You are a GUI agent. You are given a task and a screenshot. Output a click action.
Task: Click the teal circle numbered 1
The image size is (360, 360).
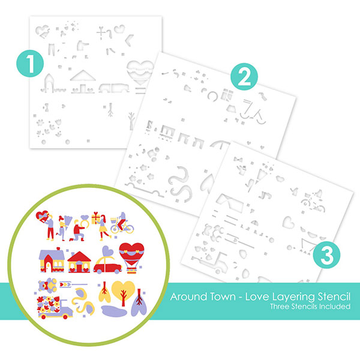pyautogui.click(x=30, y=64)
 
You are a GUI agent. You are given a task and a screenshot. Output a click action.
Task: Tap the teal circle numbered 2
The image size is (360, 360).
pyautogui.click(x=244, y=77)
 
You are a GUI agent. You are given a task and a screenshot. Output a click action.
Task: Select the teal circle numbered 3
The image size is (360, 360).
pyautogui.click(x=327, y=254)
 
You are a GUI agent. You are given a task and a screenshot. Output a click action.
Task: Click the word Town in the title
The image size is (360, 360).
pyautogui.click(x=223, y=296)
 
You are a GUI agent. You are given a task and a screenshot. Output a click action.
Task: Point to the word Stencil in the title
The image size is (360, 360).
pyautogui.click(x=334, y=296)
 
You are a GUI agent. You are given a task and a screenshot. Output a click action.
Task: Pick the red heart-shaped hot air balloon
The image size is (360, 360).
pyautogui.click(x=131, y=258)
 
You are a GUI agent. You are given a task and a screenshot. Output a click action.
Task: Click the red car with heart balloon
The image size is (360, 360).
pyautogui.click(x=107, y=260)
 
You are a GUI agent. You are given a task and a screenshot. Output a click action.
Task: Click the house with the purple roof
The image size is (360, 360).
pyautogui.click(x=52, y=260)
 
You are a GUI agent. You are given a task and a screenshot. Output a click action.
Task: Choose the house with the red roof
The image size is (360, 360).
pyautogui.click(x=79, y=262)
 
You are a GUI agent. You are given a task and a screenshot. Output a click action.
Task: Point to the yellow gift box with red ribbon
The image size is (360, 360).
pyautogui.click(x=96, y=218)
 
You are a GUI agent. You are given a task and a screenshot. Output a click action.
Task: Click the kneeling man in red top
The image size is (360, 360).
pyautogui.click(x=78, y=230)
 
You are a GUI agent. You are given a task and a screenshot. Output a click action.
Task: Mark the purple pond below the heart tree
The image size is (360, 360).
pyautogui.click(x=114, y=311)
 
